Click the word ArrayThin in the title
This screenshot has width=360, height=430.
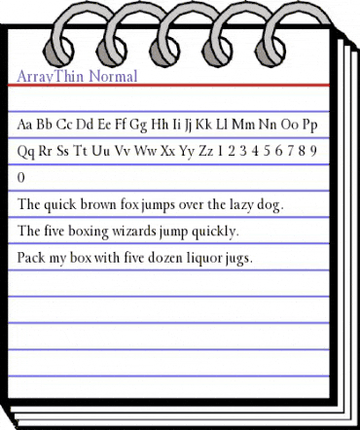50,75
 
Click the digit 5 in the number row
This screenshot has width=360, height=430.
275,153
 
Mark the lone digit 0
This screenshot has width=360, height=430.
22,179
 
